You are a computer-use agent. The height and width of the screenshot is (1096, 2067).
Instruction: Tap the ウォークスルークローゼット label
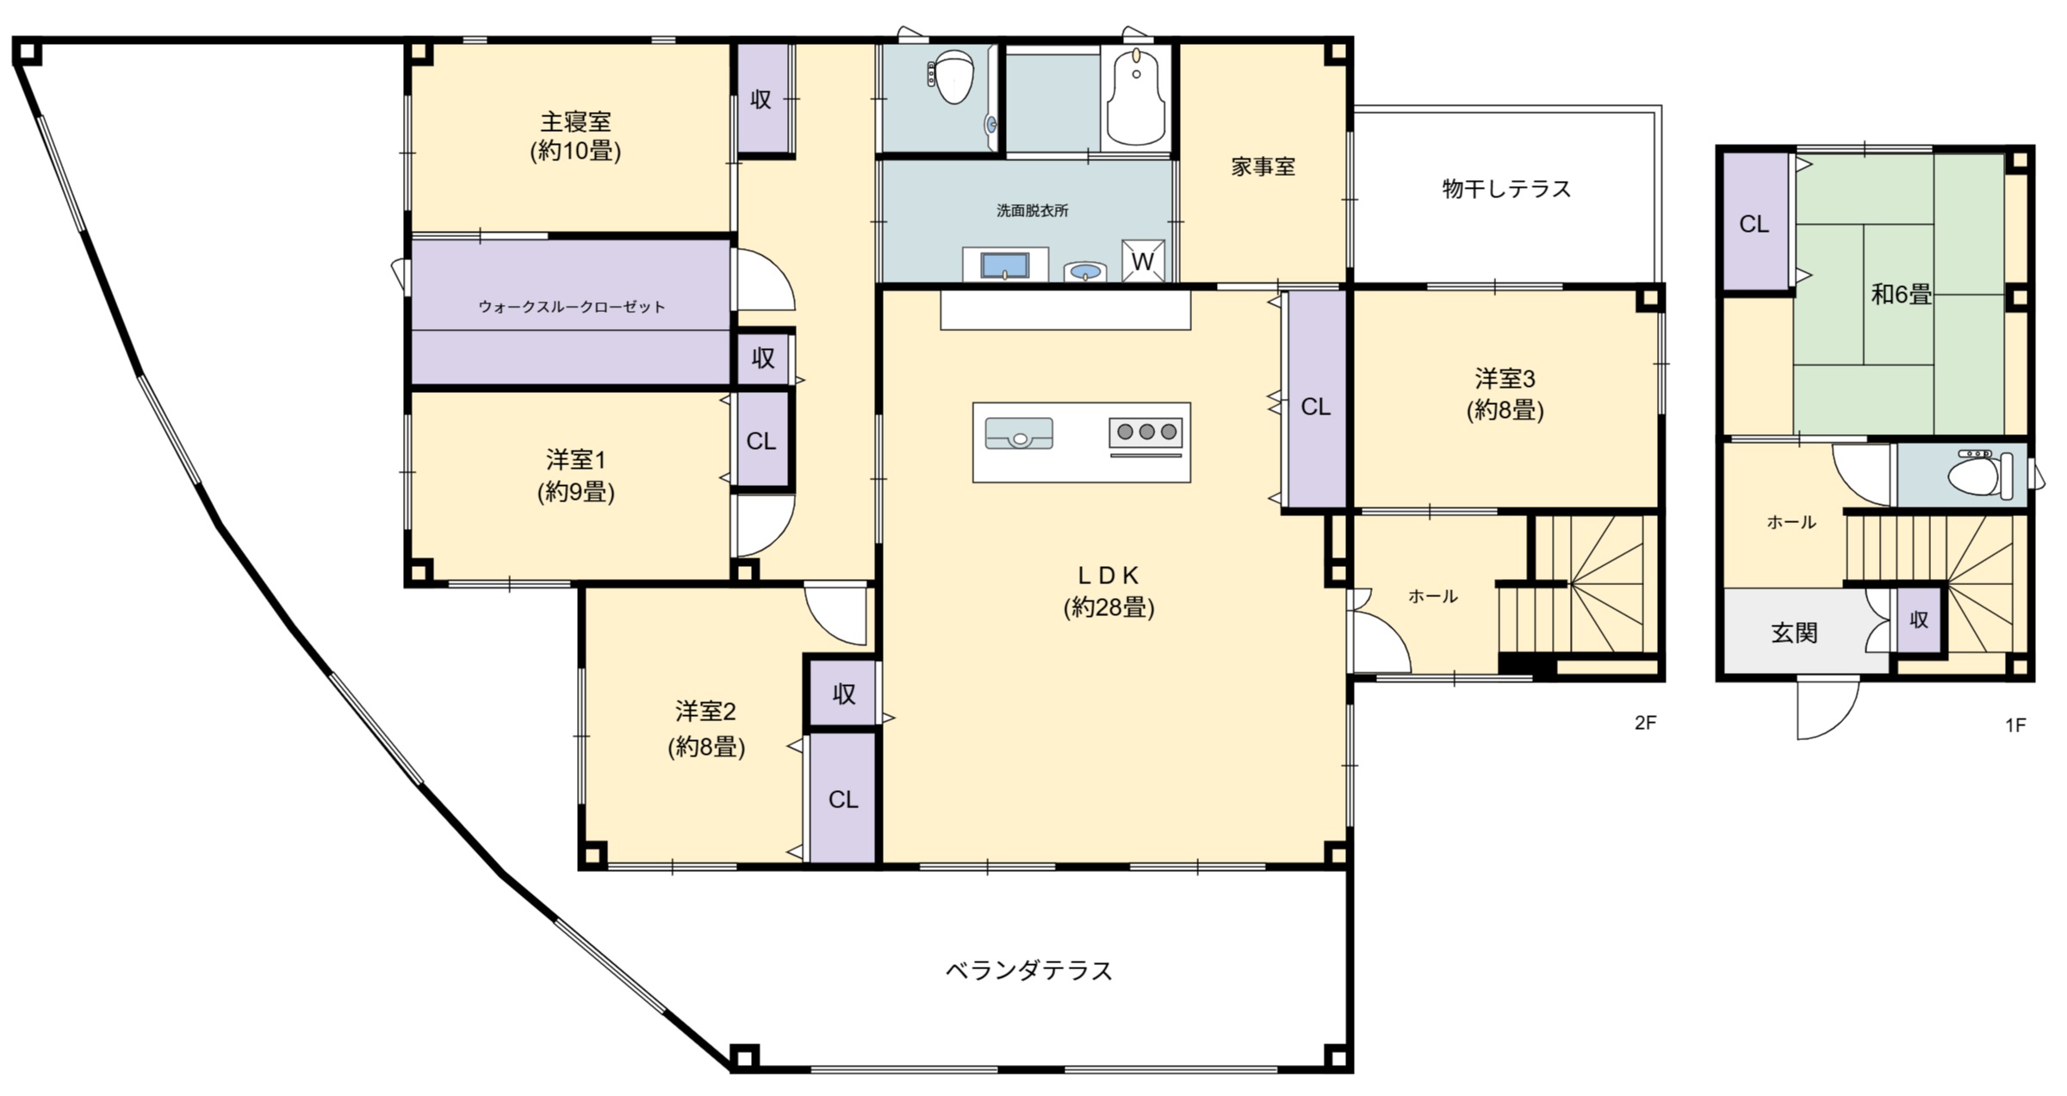coord(571,307)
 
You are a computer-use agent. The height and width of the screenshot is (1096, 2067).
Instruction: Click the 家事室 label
coord(1263,167)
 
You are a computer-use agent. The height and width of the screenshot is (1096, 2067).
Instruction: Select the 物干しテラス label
coord(1506,189)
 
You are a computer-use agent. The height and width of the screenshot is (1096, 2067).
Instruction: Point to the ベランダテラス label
coord(1029,971)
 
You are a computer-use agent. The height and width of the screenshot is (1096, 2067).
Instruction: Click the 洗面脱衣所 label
coord(1032,210)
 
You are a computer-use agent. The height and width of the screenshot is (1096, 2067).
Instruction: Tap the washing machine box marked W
coord(1142,261)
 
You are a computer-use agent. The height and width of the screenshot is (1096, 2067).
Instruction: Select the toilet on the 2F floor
coord(953,78)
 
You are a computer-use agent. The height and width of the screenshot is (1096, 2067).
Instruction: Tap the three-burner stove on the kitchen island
coord(1145,433)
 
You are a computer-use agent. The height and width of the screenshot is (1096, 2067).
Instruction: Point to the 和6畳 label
coord(1901,295)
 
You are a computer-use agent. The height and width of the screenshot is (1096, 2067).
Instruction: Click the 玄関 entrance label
coord(1794,633)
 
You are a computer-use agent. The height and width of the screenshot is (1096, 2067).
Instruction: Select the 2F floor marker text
coord(1645,723)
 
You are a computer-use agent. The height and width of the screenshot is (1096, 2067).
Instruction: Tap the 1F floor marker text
coord(2015,725)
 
